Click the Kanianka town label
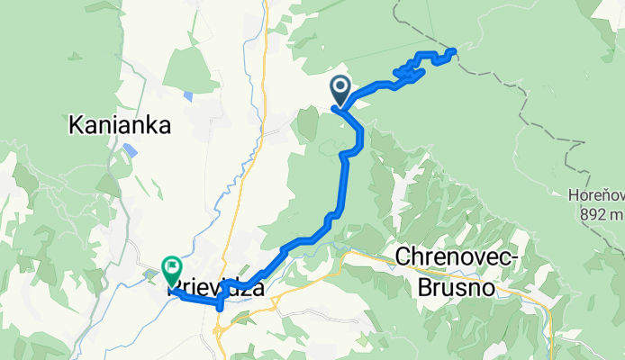coord(120,127)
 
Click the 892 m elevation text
coord(596,213)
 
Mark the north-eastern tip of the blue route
coord(452,51)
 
